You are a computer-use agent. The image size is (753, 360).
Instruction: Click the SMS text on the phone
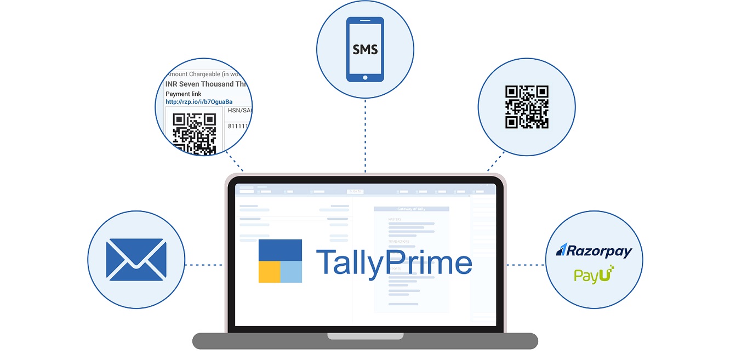[x=365, y=50]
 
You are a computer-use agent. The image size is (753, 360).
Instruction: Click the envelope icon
[x=136, y=259]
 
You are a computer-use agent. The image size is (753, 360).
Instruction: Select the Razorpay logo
[x=594, y=250]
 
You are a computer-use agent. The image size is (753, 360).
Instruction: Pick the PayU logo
[x=594, y=274]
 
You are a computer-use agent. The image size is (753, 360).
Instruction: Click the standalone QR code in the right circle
[x=527, y=107]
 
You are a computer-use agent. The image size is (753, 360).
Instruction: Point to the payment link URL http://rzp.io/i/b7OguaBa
[x=199, y=102]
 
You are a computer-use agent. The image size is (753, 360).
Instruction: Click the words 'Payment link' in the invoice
[x=184, y=94]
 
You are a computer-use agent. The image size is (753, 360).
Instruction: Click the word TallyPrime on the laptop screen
[x=393, y=262]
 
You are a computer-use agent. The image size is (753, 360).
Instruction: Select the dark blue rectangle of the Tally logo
[x=280, y=250]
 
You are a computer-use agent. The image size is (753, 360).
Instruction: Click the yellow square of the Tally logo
[x=269, y=272]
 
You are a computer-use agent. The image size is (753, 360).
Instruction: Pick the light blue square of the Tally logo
[x=292, y=272]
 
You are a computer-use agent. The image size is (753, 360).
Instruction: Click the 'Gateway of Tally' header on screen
[x=411, y=209]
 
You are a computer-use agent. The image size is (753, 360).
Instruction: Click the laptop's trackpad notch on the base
[x=365, y=336]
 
